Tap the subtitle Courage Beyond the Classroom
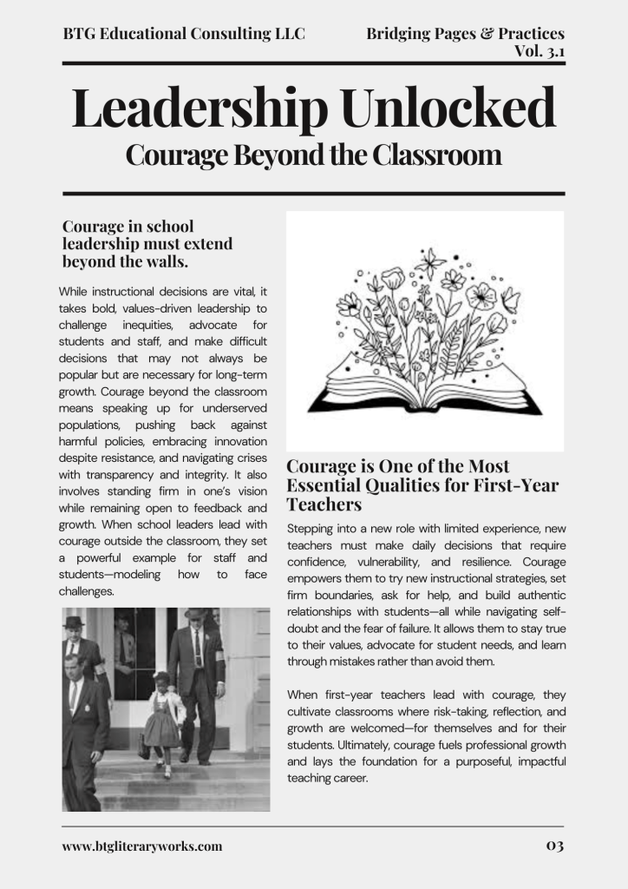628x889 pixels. pos(313,155)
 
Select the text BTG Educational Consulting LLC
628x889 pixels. pos(184,34)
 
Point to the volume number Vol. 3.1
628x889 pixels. pos(540,51)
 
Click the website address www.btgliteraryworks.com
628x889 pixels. pos(142,846)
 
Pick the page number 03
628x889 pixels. pos(554,846)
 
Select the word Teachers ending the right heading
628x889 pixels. pos(324,504)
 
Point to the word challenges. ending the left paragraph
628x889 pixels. pos(86,591)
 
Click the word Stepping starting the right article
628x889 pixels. pos(311,529)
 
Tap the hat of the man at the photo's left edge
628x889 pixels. pos(74,622)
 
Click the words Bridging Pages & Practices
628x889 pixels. pos(465,34)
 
